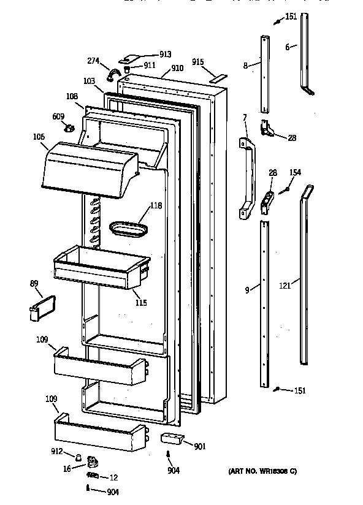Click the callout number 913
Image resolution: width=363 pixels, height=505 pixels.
click(148, 55)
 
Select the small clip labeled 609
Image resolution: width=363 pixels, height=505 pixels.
click(69, 128)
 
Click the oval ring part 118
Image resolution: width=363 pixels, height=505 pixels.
click(129, 229)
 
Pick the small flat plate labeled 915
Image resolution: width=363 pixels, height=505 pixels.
click(216, 78)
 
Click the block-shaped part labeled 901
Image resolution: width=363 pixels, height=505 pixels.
click(170, 439)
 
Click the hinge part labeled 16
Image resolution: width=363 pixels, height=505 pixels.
click(92, 461)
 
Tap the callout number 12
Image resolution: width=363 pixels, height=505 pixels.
click(115, 477)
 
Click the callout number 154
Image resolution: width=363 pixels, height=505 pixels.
click(295, 173)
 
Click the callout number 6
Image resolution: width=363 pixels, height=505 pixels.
click(287, 46)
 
